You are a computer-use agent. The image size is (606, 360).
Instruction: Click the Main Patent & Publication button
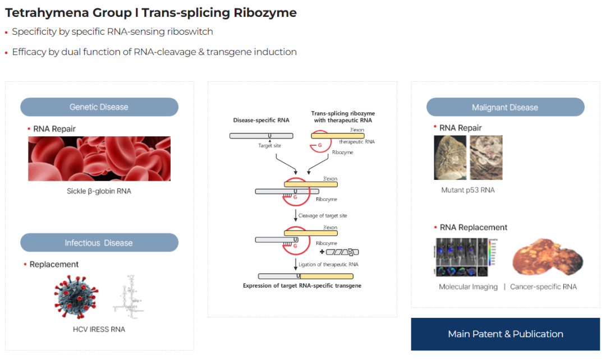pyautogui.click(x=505, y=334)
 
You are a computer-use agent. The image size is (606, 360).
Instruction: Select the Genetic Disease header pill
pyautogui.click(x=99, y=107)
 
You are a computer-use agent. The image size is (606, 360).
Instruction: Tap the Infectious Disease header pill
pyautogui.click(x=99, y=243)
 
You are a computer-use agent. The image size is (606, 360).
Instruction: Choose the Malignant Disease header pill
pyautogui.click(x=505, y=108)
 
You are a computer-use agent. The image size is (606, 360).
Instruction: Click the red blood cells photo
pyautogui.click(x=99, y=159)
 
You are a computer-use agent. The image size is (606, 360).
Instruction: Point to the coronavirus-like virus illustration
pyautogui.click(x=77, y=296)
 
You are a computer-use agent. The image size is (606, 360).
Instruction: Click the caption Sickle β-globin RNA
pyautogui.click(x=99, y=191)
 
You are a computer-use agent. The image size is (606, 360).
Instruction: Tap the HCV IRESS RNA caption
pyautogui.click(x=99, y=329)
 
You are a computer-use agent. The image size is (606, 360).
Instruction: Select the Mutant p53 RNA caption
pyautogui.click(x=468, y=190)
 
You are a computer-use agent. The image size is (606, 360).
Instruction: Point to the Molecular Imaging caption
pyautogui.click(x=468, y=287)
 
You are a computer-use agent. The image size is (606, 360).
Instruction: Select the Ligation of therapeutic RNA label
pyautogui.click(x=328, y=265)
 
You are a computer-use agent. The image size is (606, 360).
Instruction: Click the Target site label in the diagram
pyautogui.click(x=270, y=145)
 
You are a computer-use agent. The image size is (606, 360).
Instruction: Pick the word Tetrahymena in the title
pyautogui.click(x=42, y=12)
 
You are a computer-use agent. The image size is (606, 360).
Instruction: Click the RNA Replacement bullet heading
pyautogui.click(x=473, y=227)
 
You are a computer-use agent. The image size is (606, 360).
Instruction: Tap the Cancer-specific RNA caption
pyautogui.click(x=543, y=287)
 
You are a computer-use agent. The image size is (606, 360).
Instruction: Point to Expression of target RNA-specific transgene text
pyautogui.click(x=302, y=285)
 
